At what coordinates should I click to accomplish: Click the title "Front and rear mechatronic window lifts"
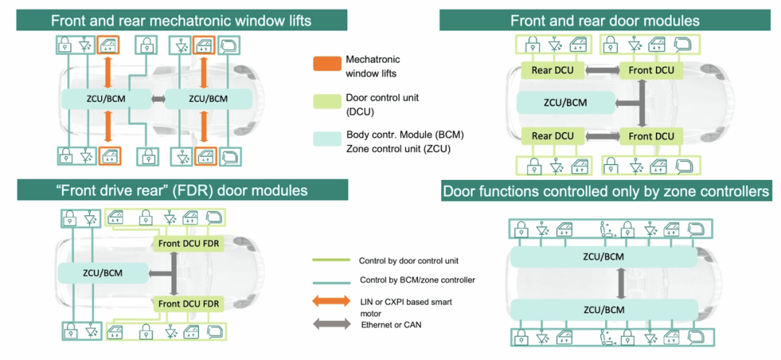click(x=181, y=20)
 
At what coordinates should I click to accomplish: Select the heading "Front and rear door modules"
click(x=605, y=20)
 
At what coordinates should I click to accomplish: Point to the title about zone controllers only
click(x=605, y=192)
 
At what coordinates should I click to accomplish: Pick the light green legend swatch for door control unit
click(x=326, y=101)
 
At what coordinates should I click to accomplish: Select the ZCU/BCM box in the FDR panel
click(x=101, y=273)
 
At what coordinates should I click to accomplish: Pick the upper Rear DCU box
click(x=552, y=70)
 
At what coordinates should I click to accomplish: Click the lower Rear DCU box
click(x=552, y=136)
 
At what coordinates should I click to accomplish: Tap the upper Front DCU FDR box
click(x=188, y=244)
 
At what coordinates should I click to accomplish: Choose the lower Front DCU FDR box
click(x=188, y=304)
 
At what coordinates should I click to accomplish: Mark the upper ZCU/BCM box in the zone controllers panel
click(x=604, y=257)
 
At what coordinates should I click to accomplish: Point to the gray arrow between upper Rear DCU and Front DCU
click(x=602, y=70)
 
